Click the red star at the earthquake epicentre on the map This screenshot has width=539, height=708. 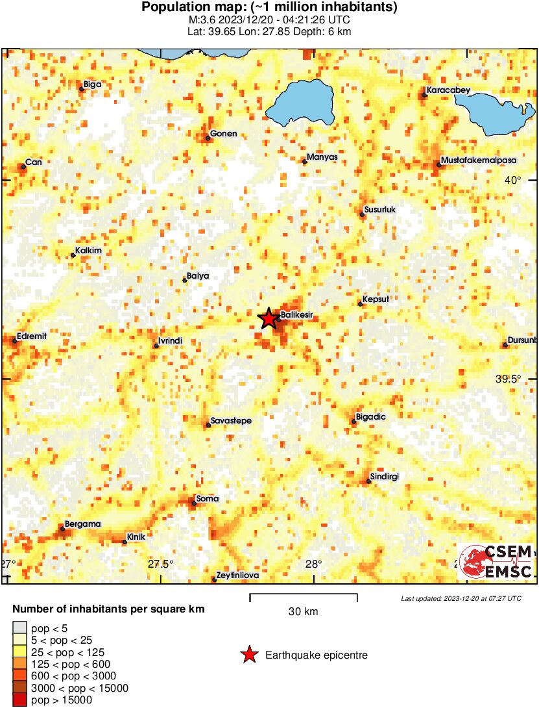268,319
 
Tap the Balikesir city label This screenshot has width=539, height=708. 297,315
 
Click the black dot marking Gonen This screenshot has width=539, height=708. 208,138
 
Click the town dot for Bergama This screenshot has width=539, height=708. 63,529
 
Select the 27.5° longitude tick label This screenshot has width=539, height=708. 160,563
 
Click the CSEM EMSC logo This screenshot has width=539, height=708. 496,562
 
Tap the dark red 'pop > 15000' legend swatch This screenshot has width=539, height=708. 21,700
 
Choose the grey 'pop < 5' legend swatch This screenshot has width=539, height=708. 21,628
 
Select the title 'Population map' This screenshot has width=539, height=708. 269,8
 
